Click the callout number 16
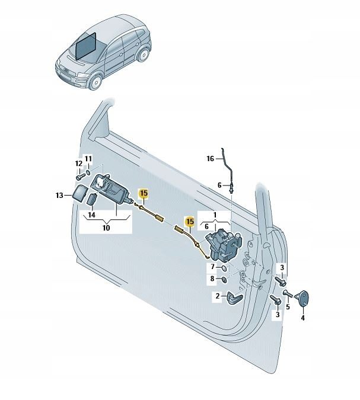pos(210,159)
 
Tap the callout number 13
pos(59,196)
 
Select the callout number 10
pos(106,228)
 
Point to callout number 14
pos(91,215)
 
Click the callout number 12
pos(79,164)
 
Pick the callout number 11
pos(88,159)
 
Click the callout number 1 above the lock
pos(215,215)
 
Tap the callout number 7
pos(213,267)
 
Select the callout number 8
pos(212,279)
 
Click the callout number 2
pos(218,296)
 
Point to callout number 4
pos(303,318)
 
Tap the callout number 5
pos(288,306)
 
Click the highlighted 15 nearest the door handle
pos(144,193)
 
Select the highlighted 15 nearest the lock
pos(190,222)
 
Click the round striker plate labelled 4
pos(303,298)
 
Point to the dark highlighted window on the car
pos(87,46)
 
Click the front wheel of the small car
pos(96,82)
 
